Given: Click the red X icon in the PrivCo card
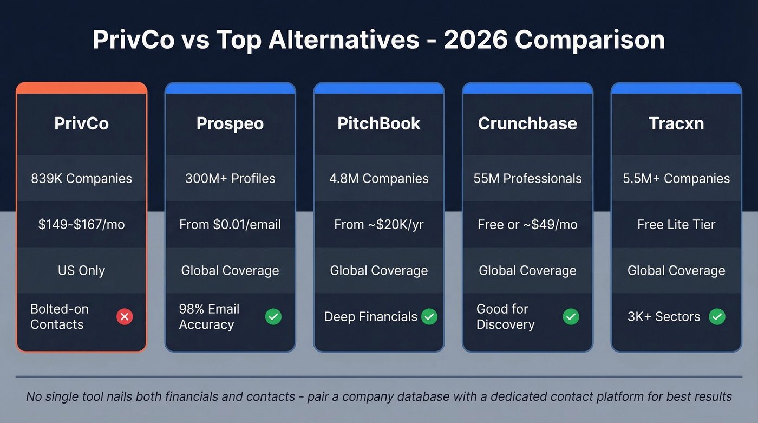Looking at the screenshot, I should tap(125, 317).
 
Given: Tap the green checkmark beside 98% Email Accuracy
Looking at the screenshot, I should tap(273, 317).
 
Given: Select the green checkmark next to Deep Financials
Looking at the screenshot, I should tap(429, 317).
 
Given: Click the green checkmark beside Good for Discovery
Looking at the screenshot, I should tap(571, 317).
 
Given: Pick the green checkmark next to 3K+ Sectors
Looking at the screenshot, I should tap(717, 317).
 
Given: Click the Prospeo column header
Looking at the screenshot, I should tap(230, 123).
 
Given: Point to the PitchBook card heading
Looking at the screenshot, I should tap(379, 123).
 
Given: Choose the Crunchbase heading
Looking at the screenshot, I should tap(527, 123).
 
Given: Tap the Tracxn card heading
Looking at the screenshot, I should tap(676, 123).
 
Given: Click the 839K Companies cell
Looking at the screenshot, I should tap(81, 179).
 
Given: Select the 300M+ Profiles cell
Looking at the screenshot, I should tap(230, 179).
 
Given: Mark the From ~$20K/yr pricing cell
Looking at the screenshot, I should tap(379, 224).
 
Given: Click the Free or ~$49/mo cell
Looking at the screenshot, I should tap(527, 224).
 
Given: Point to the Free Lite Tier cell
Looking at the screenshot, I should tap(676, 224).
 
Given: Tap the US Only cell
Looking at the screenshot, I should tap(81, 270).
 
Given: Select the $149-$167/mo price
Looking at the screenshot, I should tap(81, 224).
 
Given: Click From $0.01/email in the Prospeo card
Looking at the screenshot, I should tap(230, 224).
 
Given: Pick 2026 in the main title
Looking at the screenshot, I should tap(475, 40).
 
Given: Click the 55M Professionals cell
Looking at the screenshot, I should tap(527, 179).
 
